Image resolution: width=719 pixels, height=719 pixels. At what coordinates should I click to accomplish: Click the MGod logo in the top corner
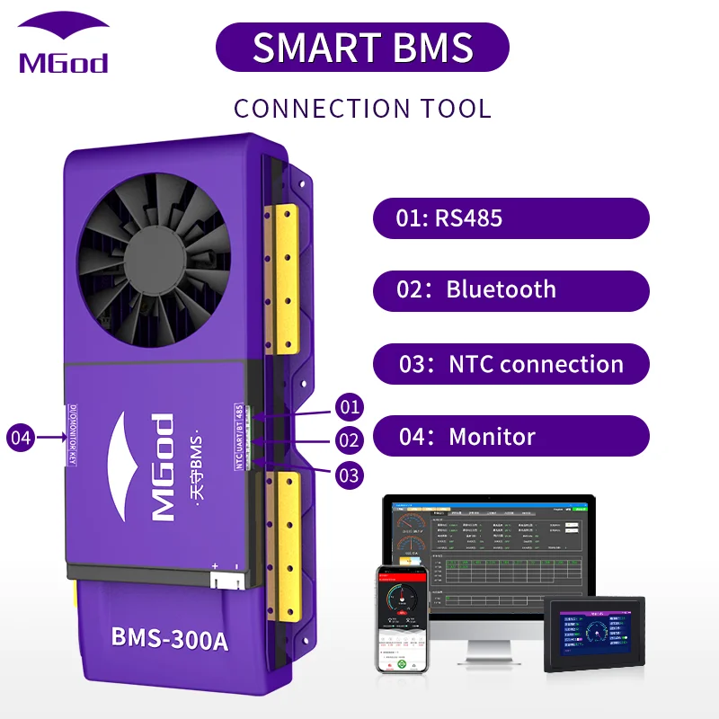click(x=63, y=45)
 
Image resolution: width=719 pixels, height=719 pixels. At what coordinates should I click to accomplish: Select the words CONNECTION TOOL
click(x=362, y=109)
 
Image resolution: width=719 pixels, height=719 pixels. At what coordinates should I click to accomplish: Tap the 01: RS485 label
click(x=510, y=218)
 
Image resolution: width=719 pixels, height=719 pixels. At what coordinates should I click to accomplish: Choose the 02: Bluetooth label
click(x=510, y=290)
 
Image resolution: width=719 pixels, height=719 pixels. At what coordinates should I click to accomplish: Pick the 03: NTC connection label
click(x=510, y=364)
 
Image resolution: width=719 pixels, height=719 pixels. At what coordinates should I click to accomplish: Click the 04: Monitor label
click(x=510, y=437)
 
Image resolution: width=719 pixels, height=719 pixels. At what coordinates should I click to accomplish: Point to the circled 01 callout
click(x=349, y=407)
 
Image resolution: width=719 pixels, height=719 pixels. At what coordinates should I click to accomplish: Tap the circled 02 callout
click(x=349, y=440)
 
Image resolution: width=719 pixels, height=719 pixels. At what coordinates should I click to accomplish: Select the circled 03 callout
click(x=349, y=474)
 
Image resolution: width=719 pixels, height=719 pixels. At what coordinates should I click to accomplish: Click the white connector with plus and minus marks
click(x=225, y=579)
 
